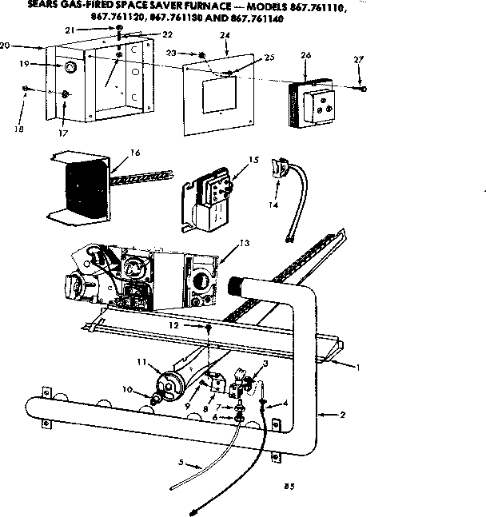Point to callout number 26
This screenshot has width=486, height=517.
tap(305, 55)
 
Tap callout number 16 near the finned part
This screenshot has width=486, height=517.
tap(135, 152)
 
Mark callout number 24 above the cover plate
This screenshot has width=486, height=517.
tap(224, 35)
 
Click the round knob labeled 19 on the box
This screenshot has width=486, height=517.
tap(69, 66)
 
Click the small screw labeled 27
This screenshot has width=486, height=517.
tap(364, 89)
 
